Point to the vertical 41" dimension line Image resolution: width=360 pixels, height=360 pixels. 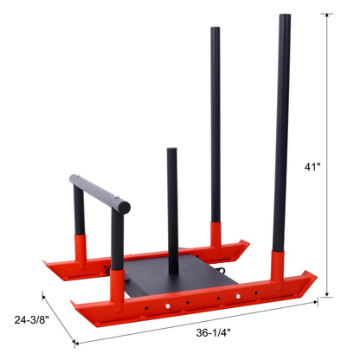[326, 157]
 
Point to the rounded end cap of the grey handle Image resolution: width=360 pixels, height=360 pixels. [125, 208]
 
